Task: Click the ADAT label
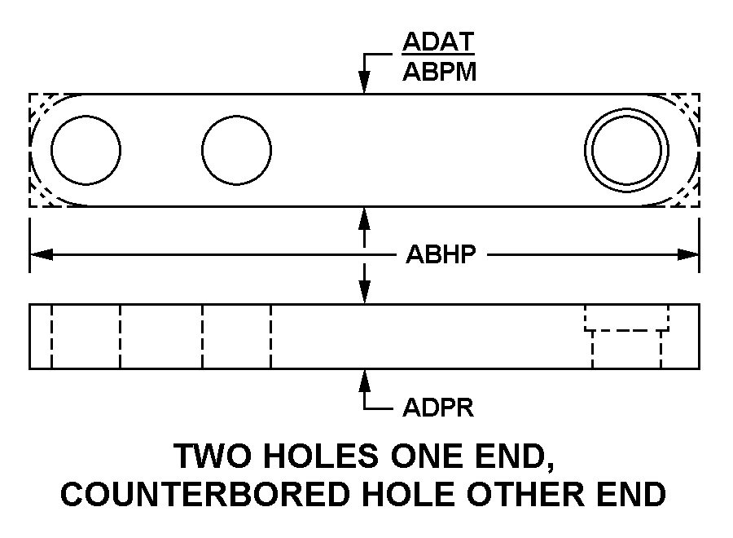(x=438, y=42)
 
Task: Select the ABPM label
(x=440, y=72)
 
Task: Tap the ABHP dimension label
(x=441, y=255)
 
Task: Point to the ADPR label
(x=438, y=408)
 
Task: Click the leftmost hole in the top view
(x=86, y=150)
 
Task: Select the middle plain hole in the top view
(x=236, y=150)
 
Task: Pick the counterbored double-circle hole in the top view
(x=626, y=150)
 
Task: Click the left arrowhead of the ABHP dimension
(x=42, y=255)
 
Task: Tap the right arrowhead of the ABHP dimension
(x=688, y=255)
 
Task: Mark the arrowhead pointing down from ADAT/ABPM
(x=364, y=82)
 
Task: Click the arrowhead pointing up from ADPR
(x=364, y=381)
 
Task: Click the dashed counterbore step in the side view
(x=626, y=330)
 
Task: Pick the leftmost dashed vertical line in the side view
(x=51, y=337)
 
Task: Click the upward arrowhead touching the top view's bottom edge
(x=364, y=218)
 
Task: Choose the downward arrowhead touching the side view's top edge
(x=364, y=293)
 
